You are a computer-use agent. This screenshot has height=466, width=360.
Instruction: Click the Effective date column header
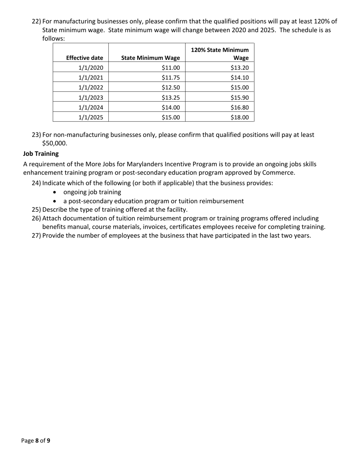(x=85, y=58)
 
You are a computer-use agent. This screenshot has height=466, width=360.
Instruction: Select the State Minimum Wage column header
(x=150, y=58)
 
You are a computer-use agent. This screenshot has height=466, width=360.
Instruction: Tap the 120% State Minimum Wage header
(x=220, y=54)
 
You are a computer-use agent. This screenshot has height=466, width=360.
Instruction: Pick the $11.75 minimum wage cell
(x=171, y=78)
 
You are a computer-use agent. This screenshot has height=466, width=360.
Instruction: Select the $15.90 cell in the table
(x=239, y=97)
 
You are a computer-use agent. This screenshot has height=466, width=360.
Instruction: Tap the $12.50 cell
(x=171, y=88)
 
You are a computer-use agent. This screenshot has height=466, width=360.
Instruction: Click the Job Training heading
(x=41, y=153)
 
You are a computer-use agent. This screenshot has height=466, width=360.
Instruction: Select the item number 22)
(x=36, y=21)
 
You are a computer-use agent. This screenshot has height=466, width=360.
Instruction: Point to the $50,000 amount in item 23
(x=54, y=143)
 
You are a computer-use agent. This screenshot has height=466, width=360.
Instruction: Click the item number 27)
(x=36, y=235)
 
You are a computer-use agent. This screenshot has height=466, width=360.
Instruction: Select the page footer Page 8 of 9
(x=36, y=441)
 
